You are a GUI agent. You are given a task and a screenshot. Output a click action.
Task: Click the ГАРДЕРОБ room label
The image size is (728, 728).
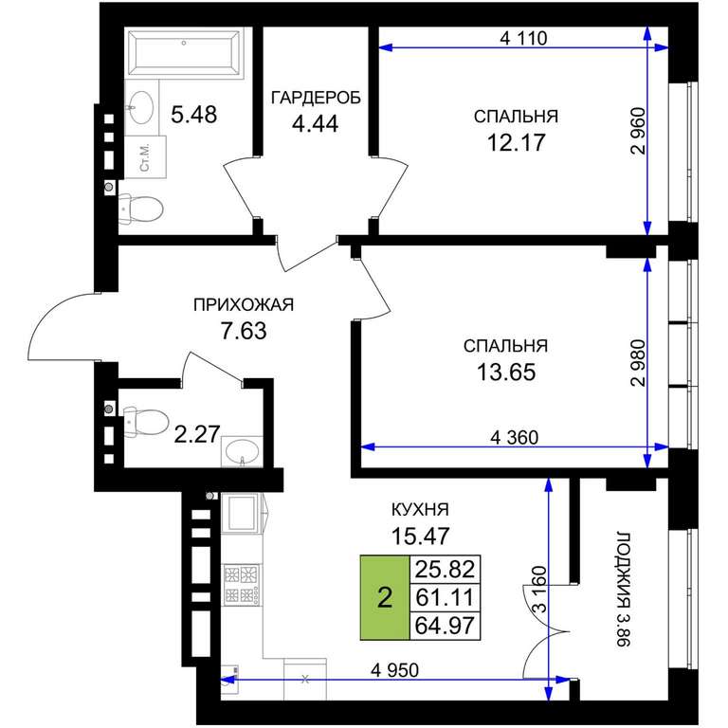[x=316, y=98]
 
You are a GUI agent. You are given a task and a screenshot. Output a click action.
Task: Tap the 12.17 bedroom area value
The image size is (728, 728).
[x=516, y=142]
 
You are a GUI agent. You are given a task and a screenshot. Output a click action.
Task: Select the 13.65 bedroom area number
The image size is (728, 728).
[x=506, y=372]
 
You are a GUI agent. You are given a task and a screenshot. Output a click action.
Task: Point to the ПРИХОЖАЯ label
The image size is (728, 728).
[x=244, y=305]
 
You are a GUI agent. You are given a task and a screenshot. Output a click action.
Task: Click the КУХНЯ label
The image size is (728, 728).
[x=420, y=510]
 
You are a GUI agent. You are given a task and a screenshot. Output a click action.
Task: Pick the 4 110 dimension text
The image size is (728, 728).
[x=523, y=38]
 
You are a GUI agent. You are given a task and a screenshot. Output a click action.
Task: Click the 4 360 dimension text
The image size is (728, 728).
[x=514, y=437]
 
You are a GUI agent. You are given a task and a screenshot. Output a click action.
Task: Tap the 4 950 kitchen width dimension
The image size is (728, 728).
[x=394, y=670]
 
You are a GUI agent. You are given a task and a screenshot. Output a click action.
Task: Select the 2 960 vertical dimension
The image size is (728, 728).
[x=638, y=131]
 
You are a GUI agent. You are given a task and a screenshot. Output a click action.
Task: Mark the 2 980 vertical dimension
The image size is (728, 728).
[x=638, y=363]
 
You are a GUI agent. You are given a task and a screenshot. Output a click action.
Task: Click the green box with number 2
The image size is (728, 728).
[x=385, y=597]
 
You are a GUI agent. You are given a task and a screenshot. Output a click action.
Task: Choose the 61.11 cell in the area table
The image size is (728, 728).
[x=445, y=597]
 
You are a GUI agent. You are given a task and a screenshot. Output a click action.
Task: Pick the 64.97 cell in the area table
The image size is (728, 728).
[x=445, y=626]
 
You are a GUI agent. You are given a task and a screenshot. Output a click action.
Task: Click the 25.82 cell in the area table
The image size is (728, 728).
[x=445, y=569]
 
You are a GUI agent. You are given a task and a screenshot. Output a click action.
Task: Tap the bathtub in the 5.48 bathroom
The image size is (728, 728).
[x=184, y=52]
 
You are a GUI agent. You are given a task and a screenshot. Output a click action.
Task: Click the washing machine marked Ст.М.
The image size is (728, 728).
[x=145, y=157]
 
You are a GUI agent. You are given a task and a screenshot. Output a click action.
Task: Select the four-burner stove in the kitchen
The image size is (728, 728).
[x=242, y=585]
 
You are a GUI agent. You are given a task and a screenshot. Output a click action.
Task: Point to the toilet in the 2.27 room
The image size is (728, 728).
[x=144, y=422]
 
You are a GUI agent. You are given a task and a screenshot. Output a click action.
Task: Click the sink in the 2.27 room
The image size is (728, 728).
[x=242, y=451]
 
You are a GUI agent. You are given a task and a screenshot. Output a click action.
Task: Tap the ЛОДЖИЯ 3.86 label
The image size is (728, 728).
[x=624, y=590]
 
